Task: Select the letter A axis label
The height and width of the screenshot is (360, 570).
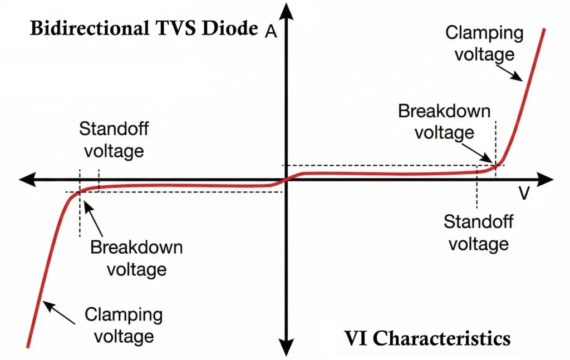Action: tap(271, 32)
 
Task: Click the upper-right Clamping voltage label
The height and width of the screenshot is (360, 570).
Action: tap(484, 43)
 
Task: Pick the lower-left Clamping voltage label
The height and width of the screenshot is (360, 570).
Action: tap(124, 326)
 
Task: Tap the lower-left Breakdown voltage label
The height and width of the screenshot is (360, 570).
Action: tap(136, 258)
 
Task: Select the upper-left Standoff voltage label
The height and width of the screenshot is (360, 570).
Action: tap(114, 140)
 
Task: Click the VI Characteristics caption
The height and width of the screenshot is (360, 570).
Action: tap(427, 338)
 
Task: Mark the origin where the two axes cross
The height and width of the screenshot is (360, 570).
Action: tap(286, 179)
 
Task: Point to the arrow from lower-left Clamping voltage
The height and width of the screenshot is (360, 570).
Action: tap(59, 312)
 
